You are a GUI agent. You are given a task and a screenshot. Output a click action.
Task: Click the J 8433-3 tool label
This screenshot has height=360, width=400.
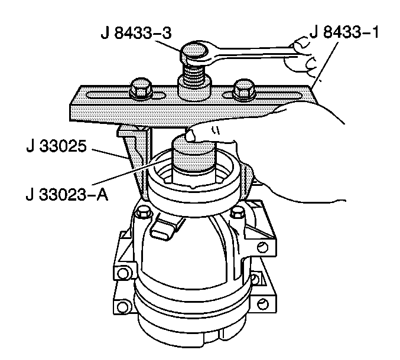pyautogui.click(x=136, y=33)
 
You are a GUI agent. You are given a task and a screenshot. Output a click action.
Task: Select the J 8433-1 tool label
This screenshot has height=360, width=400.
pyautogui.click(x=344, y=32)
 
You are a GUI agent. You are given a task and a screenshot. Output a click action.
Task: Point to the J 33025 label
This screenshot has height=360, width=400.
pyautogui.click(x=56, y=146)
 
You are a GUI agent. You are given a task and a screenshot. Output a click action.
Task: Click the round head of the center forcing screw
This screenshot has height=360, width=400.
pyautogui.click(x=194, y=50)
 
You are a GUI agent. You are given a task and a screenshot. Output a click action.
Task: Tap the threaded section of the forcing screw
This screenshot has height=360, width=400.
pyautogui.click(x=195, y=73)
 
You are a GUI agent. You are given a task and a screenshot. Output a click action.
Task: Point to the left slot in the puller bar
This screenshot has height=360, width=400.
pyautogui.click(x=126, y=96)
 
